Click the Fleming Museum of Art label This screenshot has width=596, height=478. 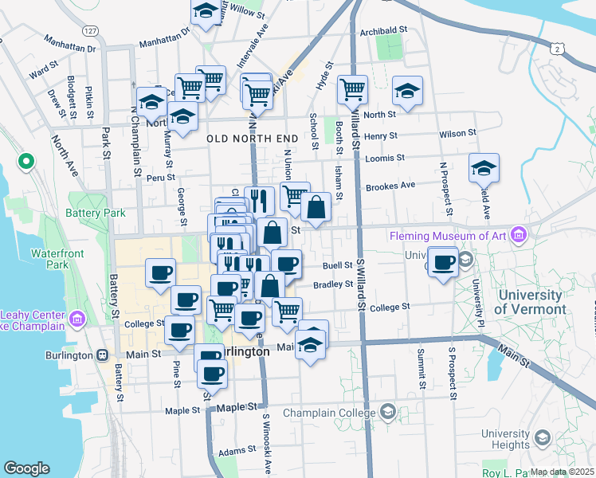(449, 236)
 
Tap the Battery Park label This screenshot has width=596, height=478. (101, 214)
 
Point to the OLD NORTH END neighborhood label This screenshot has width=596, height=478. (252, 139)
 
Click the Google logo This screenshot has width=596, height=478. (26, 468)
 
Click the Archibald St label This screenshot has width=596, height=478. (383, 30)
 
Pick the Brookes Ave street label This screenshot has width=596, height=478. (390, 186)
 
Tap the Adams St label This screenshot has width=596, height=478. (237, 452)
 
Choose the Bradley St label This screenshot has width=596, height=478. (333, 284)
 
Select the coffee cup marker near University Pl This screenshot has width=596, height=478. (443, 261)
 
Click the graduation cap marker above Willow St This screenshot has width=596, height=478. (206, 11)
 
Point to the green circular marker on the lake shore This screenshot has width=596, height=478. (25, 163)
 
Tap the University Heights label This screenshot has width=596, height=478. (505, 439)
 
